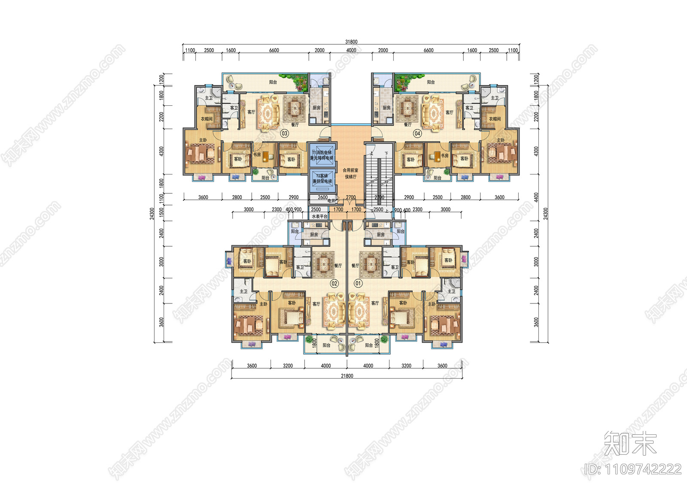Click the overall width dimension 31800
coord(351,42)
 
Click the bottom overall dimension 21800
coord(347,376)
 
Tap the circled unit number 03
coord(284,134)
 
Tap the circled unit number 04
coord(417,134)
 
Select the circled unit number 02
coord(334,284)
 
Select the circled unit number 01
coord(358,284)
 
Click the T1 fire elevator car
coord(322,155)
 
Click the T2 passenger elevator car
coord(322,179)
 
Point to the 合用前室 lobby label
coord(350,171)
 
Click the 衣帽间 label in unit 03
coord(207,119)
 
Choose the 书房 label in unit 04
coord(444,156)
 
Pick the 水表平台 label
coord(319,217)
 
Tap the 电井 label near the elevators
coord(331,201)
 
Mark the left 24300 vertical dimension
coord(152,214)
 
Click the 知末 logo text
coord(630,443)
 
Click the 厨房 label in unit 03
coord(316,108)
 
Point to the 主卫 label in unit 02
coord(243,291)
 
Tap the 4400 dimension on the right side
coord(535,197)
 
